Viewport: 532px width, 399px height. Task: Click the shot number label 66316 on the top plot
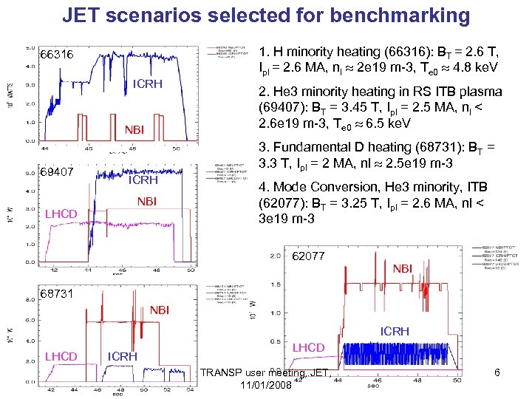coord(56,55)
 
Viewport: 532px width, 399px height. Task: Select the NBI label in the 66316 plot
coord(134,131)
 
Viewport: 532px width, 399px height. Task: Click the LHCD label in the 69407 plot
coord(61,214)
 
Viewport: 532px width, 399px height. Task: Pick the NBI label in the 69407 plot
coord(149,201)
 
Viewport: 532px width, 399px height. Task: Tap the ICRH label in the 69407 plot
coord(144,180)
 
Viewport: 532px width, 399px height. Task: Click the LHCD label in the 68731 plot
coord(61,356)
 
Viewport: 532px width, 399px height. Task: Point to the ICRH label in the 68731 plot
coord(123,356)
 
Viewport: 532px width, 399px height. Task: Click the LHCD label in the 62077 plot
coord(309,348)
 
